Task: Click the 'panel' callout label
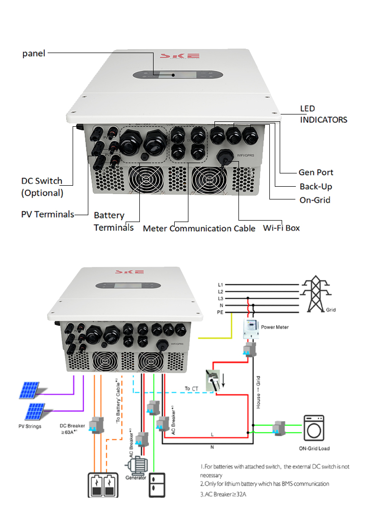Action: (34, 53)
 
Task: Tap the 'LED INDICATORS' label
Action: (323, 114)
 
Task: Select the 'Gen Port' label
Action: (315, 172)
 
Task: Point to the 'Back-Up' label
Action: (315, 187)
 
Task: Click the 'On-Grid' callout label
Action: (315, 200)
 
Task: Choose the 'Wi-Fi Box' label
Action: (281, 228)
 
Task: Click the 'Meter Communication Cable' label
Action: (199, 228)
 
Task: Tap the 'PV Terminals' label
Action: (47, 214)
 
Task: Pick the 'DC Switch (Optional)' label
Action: (42, 187)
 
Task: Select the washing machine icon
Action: (314, 428)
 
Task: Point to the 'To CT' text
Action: (190, 389)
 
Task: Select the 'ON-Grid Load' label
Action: (314, 448)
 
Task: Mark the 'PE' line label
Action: (221, 312)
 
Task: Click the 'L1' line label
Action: (221, 284)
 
